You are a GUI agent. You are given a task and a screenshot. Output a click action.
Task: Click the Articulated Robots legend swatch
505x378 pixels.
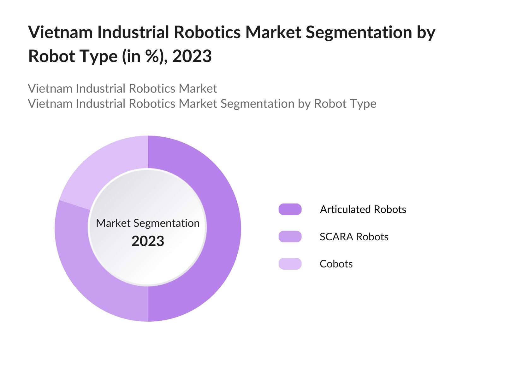(290, 209)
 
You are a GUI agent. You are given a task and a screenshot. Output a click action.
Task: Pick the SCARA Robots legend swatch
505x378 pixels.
(290, 237)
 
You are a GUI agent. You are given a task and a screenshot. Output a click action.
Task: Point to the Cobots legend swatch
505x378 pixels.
(290, 264)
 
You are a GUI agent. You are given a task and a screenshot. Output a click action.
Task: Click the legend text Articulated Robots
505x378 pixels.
(363, 209)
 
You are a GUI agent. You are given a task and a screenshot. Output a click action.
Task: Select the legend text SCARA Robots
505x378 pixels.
(354, 237)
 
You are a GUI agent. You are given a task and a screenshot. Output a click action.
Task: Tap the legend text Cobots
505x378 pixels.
(336, 264)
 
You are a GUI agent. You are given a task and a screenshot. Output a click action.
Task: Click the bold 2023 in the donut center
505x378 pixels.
(148, 241)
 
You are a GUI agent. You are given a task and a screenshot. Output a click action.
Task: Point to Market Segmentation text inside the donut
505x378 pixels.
(148, 223)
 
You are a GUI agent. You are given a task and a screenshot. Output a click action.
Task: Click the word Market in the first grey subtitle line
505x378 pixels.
(198, 89)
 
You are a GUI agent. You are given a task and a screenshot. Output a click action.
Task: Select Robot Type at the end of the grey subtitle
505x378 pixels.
(345, 104)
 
